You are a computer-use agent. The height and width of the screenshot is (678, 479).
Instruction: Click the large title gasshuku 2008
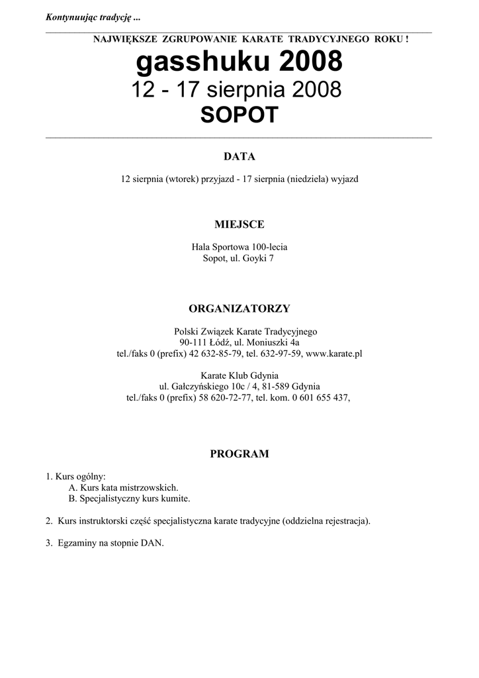[x=239, y=63]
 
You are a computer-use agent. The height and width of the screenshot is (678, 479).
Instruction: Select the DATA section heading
[x=239, y=157]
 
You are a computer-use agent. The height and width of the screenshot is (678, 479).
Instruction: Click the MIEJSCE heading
[x=239, y=225]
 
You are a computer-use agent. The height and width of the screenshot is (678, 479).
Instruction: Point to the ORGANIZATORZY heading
[x=239, y=309]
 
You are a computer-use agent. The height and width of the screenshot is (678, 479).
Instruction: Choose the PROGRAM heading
[x=239, y=454]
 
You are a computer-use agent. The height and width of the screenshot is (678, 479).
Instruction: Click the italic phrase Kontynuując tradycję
[x=89, y=17]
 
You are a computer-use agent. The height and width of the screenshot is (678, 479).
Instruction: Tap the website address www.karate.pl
[x=334, y=354]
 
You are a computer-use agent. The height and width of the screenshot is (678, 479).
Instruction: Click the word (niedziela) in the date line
[x=308, y=179]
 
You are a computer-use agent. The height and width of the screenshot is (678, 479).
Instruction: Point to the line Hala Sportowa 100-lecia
[x=239, y=247]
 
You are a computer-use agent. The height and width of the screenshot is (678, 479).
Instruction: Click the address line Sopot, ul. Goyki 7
[x=239, y=259]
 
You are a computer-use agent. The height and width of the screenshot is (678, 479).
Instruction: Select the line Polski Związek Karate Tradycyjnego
[x=239, y=330]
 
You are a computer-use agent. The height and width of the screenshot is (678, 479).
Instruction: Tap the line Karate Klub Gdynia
[x=239, y=374]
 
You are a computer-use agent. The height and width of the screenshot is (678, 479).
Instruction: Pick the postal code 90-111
[x=193, y=342]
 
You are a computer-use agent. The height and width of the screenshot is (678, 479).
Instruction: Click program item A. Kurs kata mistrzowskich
[x=123, y=487]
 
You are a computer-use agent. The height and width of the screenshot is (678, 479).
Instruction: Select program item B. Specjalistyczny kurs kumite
[x=129, y=499]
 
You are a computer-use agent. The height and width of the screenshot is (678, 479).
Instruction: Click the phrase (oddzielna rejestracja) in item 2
[x=326, y=521]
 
